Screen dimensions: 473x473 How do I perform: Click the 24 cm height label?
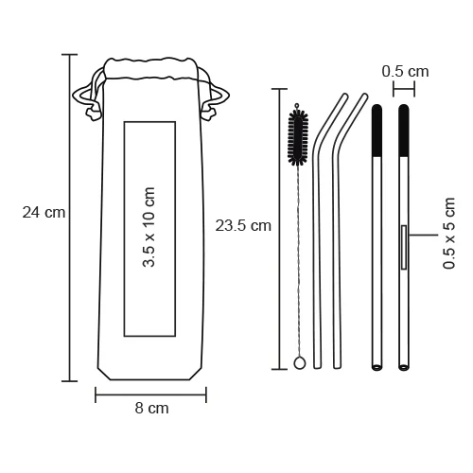point(44,212)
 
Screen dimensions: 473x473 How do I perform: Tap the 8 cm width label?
point(151,410)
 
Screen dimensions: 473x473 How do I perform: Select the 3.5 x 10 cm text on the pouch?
point(149,228)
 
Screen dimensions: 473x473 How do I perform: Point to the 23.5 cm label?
point(243,225)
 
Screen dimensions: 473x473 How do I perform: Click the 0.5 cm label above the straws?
point(405,71)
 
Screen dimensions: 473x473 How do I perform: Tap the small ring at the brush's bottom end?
point(298,361)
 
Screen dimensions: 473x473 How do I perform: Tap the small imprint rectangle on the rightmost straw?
point(404,248)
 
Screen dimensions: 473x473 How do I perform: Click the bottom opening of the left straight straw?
point(376,365)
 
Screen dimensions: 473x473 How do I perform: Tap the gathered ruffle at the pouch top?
point(151,66)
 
